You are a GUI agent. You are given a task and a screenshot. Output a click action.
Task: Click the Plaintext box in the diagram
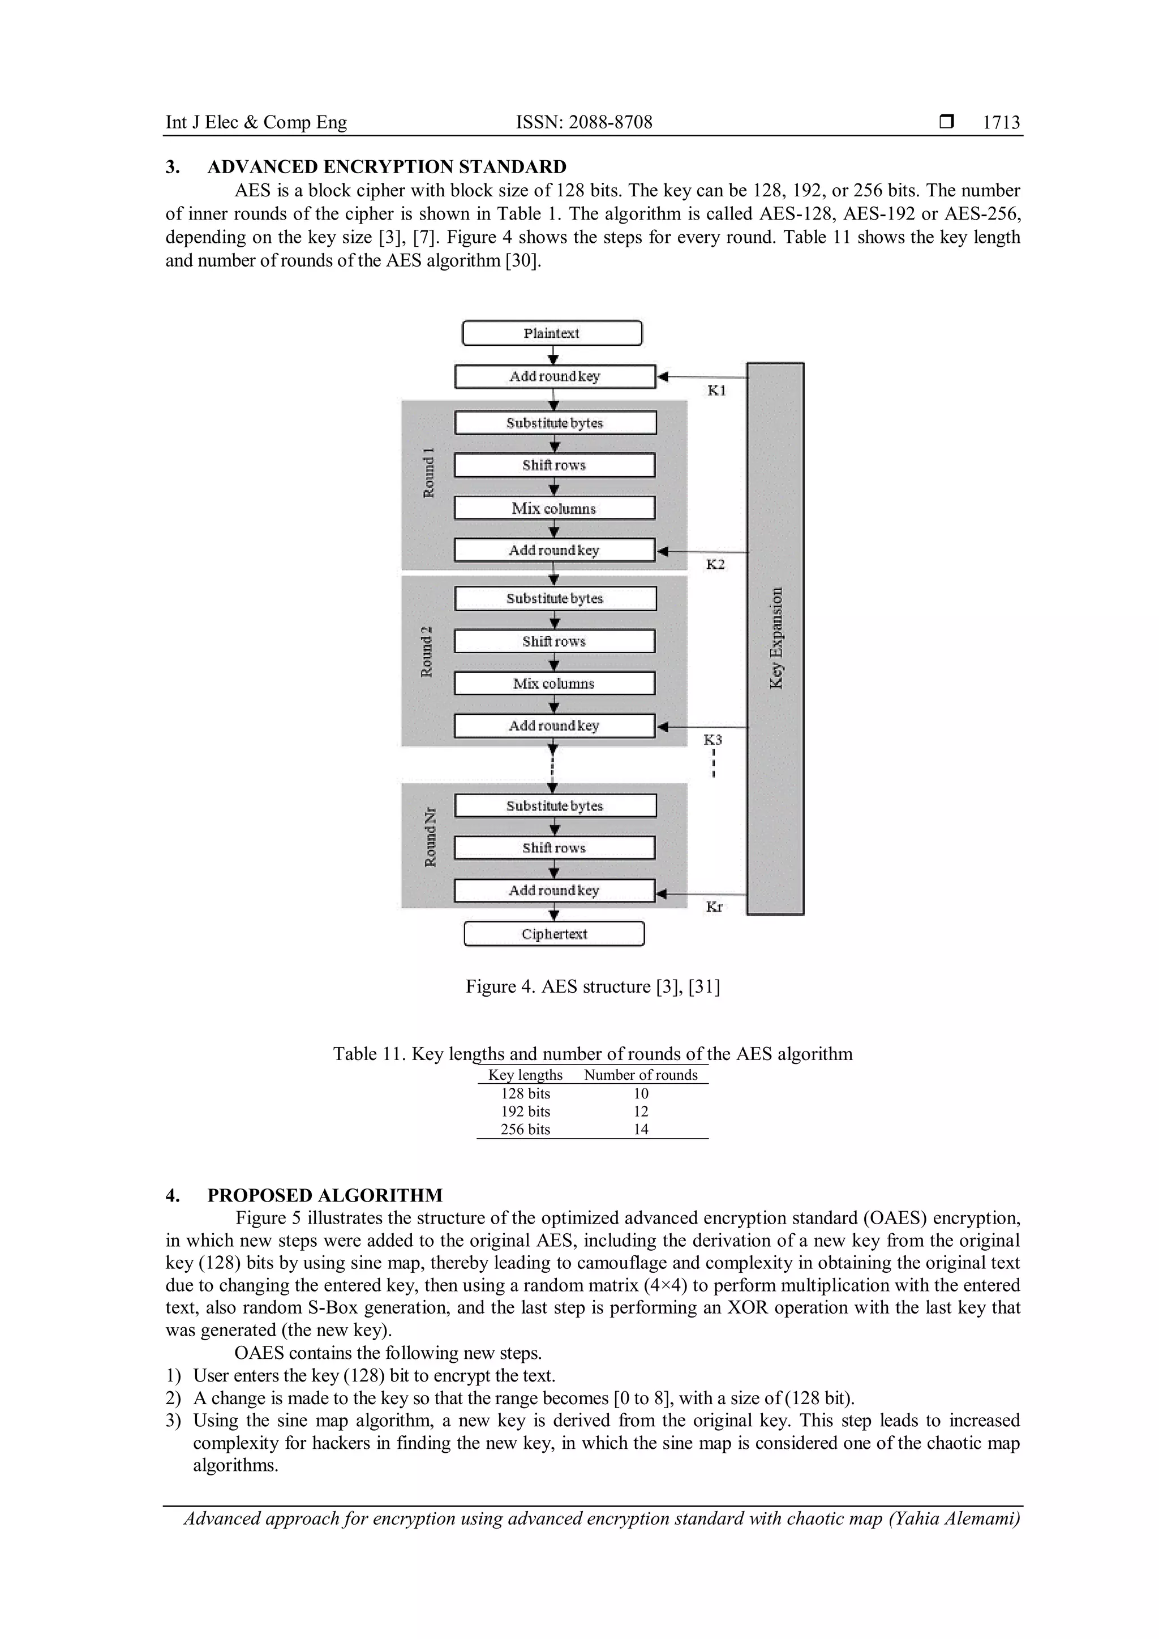[552, 333]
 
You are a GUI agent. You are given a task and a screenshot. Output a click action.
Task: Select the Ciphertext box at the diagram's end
[554, 934]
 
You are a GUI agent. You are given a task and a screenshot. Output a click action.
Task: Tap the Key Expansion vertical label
[776, 637]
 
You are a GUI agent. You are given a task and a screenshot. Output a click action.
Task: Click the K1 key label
[716, 391]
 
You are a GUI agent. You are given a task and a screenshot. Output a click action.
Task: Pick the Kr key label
[714, 907]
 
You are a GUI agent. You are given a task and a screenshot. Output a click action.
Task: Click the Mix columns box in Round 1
[555, 508]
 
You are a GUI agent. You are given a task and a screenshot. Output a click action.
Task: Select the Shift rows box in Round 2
[555, 641]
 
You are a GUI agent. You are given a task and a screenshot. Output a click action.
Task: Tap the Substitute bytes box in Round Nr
[555, 806]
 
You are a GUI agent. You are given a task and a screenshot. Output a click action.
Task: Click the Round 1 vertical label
[429, 473]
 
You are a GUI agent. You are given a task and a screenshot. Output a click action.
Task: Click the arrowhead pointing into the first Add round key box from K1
[662, 376]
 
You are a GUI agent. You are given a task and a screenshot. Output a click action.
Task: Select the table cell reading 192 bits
[525, 1112]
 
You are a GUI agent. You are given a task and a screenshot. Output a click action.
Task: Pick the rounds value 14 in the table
[641, 1129]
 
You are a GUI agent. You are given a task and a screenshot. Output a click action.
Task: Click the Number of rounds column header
[640, 1075]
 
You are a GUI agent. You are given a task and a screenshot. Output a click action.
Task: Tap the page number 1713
[1001, 123]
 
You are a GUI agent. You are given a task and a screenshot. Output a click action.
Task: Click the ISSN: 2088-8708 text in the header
[584, 123]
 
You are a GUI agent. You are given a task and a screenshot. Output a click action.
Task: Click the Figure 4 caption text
[593, 986]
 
